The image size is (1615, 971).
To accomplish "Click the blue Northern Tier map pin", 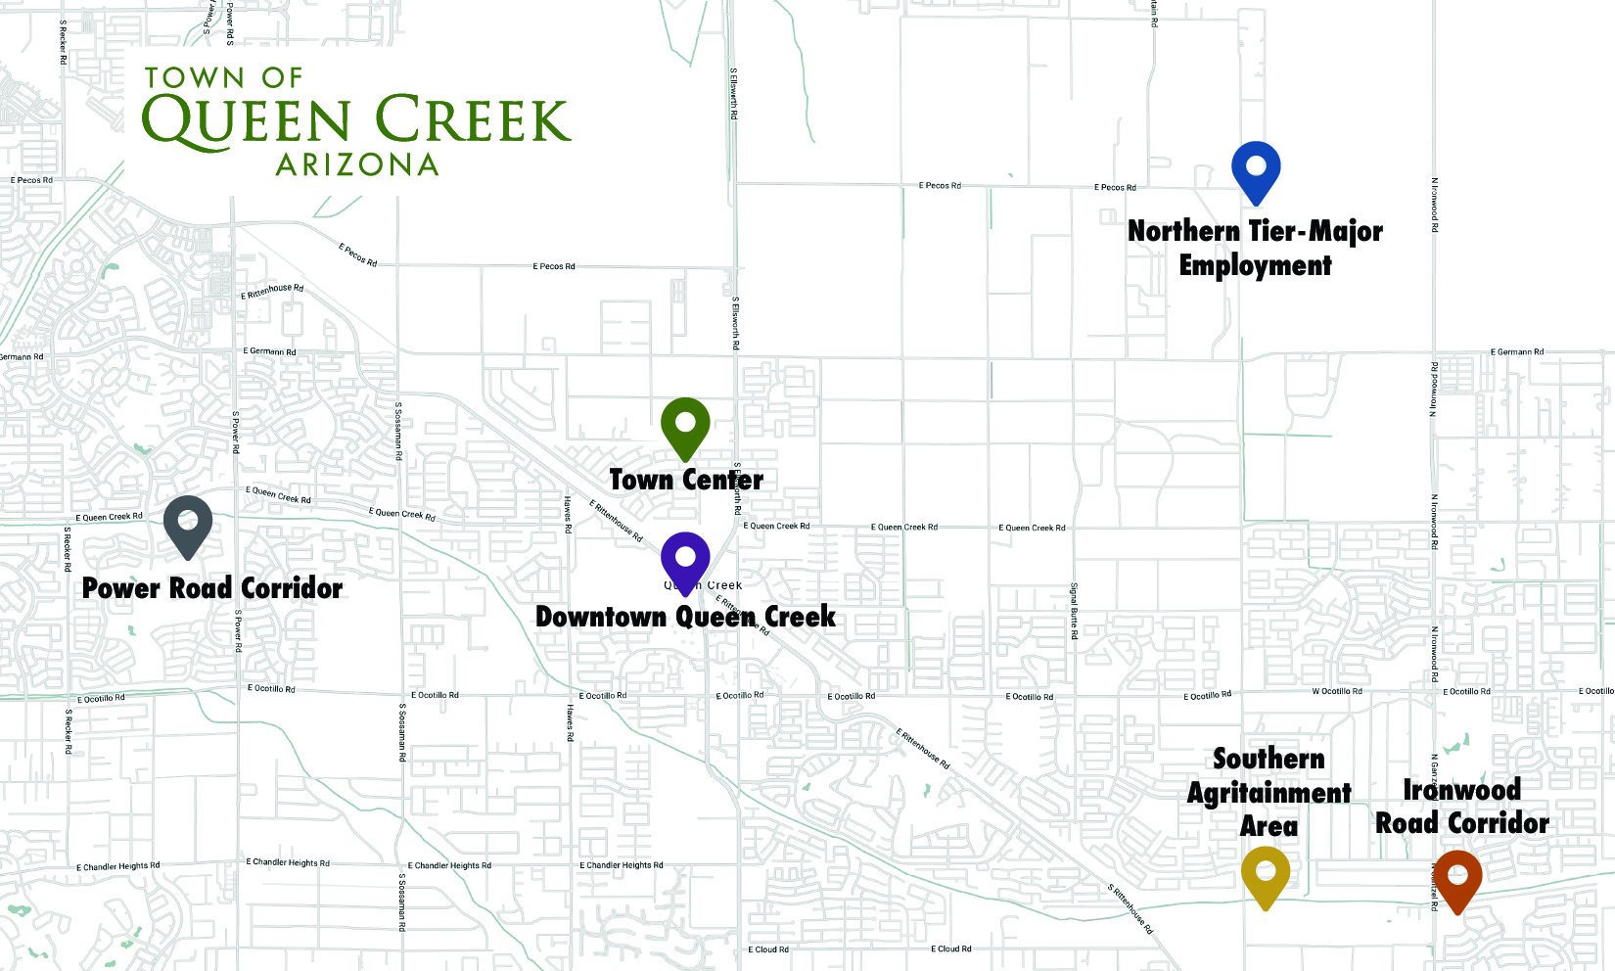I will pyautogui.click(x=1256, y=168).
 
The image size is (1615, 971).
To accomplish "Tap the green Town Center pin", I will pyautogui.click(x=685, y=425).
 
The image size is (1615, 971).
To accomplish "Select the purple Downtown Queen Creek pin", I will pyautogui.click(x=685, y=559).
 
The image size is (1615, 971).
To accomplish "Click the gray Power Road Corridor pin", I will pyautogui.click(x=188, y=523).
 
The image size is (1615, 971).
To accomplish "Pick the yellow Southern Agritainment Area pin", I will pyautogui.click(x=1266, y=873).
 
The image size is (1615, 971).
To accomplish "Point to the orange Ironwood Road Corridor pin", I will pyautogui.click(x=1457, y=877).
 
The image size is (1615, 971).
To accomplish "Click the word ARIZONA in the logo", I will pyautogui.click(x=357, y=164).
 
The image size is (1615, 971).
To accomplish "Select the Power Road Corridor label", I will pyautogui.click(x=212, y=588).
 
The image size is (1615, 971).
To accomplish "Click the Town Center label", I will pyautogui.click(x=686, y=480).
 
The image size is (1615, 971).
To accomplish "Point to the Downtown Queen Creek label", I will pyautogui.click(x=685, y=617).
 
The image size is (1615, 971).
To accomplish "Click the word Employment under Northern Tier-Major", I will pyautogui.click(x=1255, y=265).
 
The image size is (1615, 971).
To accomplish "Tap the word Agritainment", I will pyautogui.click(x=1269, y=793).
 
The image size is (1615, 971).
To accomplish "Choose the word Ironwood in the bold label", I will pyautogui.click(x=1461, y=789).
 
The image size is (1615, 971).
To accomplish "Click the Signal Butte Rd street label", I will pyautogui.click(x=1074, y=612).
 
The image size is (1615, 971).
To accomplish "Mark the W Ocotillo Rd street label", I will pyautogui.click(x=1337, y=691).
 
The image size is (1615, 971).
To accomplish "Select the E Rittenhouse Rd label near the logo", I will pyautogui.click(x=272, y=291).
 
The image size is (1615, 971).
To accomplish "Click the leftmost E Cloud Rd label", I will pyautogui.click(x=768, y=949).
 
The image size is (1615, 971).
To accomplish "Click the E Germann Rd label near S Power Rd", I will pyautogui.click(x=269, y=351).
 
